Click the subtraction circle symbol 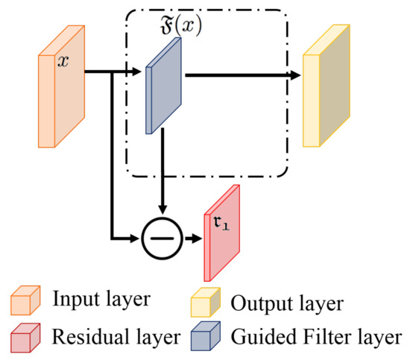pyautogui.click(x=161, y=239)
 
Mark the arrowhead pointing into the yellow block pyautogui.click(x=296, y=75)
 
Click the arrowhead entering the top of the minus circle pyautogui.click(x=161, y=216)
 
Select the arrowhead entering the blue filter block pyautogui.click(x=137, y=73)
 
